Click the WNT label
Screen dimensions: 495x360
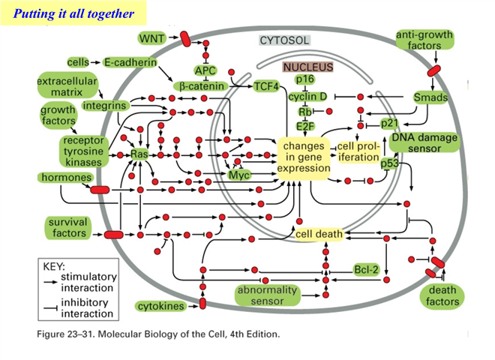tap(152, 38)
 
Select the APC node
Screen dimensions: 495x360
tap(205, 70)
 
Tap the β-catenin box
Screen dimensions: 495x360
tap(201, 86)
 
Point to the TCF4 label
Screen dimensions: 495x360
tap(267, 86)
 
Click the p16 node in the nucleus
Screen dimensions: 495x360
tap(305, 79)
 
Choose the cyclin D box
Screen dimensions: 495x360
tap(307, 96)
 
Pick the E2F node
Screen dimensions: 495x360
tap(305, 126)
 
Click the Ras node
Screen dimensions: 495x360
tap(139, 154)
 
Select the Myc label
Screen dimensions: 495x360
tap(239, 175)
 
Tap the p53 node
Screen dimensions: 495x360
tap(389, 163)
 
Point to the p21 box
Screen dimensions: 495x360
tap(389, 123)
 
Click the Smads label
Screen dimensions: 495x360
tap(430, 97)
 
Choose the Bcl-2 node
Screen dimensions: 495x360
tap(366, 270)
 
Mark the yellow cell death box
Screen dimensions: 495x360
tap(319, 234)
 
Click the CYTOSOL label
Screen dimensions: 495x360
tap(284, 40)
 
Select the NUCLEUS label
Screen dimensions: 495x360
tap(308, 67)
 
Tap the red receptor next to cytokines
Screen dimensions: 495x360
tap(202, 303)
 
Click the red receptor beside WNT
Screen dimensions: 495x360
tap(185, 39)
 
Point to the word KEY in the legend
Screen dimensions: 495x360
tap(54, 266)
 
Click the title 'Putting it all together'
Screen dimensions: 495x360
tap(73, 13)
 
